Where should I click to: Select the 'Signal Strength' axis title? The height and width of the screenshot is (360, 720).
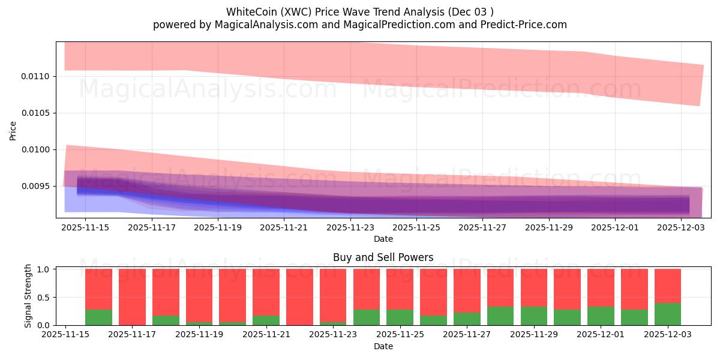[28, 296]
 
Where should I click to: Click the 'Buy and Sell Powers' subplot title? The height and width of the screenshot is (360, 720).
[383, 257]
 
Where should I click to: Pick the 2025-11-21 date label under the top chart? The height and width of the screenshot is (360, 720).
[284, 227]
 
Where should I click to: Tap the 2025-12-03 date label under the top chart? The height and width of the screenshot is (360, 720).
[681, 227]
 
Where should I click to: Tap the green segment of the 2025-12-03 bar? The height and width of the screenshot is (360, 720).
[668, 314]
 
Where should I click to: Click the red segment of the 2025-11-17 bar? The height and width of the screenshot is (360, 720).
[132, 296]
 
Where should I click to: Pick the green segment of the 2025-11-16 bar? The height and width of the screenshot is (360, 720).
[98, 317]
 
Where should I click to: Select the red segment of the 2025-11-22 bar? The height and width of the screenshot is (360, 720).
[299, 296]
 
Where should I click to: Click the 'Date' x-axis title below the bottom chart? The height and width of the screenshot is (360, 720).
[383, 346]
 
